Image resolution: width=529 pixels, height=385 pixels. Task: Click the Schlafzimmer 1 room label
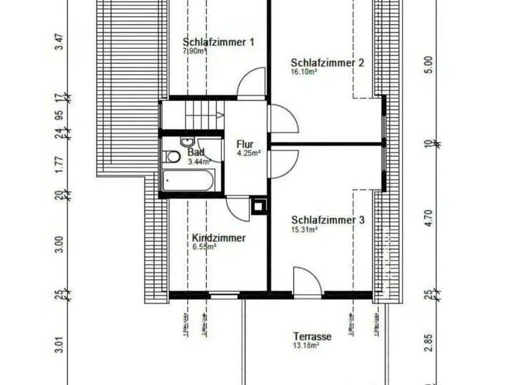pos(218,42)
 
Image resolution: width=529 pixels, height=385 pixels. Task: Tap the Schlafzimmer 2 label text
pos(327,63)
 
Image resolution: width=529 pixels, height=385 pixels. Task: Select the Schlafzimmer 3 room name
pos(327,220)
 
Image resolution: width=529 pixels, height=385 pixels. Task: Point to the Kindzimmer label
pos(218,238)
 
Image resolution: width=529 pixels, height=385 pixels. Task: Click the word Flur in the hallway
pos(245,144)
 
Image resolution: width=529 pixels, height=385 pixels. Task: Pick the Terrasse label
pos(313,337)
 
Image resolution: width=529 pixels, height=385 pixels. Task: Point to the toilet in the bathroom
pos(174,157)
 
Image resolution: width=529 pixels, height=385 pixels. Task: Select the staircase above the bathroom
pos(200,115)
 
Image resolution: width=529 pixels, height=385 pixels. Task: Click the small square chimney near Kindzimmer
pos(260,205)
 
